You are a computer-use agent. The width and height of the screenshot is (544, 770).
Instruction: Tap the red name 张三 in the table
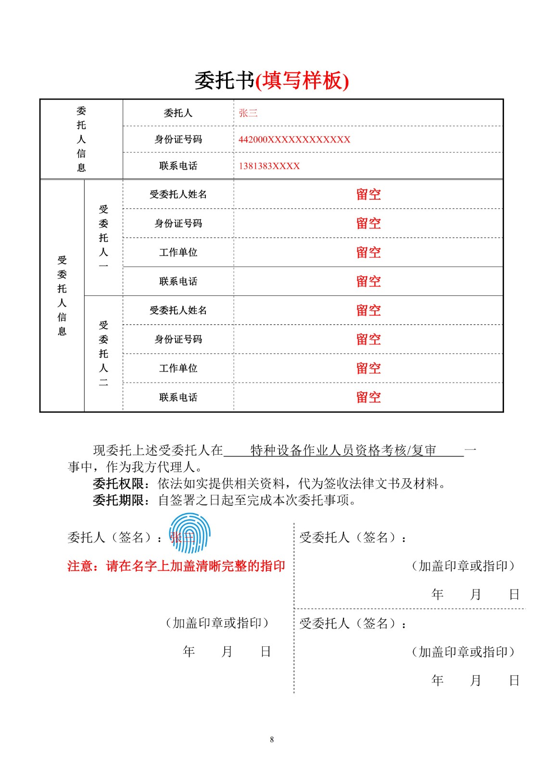click(248, 113)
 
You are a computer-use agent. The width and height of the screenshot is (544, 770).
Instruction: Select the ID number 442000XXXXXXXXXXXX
click(294, 140)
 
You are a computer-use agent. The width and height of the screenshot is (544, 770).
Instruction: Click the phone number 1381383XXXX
click(269, 166)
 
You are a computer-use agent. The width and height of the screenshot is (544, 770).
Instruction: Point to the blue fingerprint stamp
click(190, 533)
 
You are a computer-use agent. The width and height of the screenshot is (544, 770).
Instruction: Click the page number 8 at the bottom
click(272, 740)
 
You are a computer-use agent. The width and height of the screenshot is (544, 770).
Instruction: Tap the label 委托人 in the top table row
click(178, 113)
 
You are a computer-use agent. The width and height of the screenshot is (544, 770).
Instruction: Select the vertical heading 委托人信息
click(81, 139)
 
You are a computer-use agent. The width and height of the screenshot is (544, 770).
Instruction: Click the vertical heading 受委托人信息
click(62, 295)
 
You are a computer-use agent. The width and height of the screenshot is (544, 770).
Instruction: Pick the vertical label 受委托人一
click(103, 237)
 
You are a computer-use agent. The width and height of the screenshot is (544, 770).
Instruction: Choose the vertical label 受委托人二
click(103, 353)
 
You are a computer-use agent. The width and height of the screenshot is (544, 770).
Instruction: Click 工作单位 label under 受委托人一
click(178, 252)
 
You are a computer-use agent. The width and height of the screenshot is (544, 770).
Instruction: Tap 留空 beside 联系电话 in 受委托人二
click(368, 398)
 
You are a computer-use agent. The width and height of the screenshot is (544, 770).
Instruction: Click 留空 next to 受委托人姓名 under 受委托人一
click(368, 194)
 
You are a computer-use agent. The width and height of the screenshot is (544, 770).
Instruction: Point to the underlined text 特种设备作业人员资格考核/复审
click(343, 450)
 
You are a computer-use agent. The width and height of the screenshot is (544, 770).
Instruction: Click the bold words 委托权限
click(118, 484)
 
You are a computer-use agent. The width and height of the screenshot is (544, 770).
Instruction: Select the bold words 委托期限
click(118, 500)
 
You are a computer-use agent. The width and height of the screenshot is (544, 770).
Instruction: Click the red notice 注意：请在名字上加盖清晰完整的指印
click(176, 566)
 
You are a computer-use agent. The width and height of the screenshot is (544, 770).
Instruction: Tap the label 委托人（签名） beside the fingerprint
click(115, 538)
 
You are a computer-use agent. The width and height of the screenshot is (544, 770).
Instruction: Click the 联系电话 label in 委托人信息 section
click(178, 166)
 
